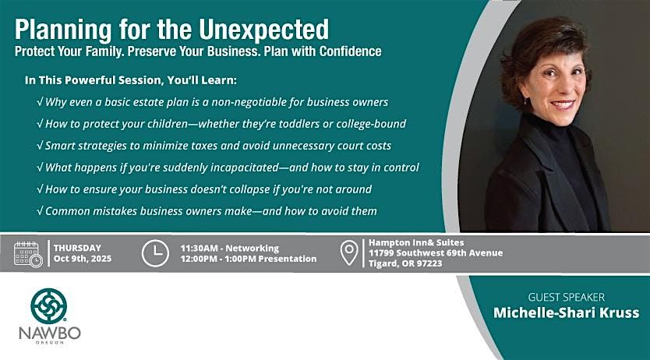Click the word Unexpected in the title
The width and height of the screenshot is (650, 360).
coord(263,30)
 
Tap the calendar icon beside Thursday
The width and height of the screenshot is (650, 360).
coord(28,253)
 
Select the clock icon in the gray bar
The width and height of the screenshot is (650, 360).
coord(155,253)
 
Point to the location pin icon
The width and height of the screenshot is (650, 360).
coord(349,253)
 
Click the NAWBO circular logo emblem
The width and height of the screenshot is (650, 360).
coord(49,305)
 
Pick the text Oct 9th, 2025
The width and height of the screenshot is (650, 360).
coord(83,259)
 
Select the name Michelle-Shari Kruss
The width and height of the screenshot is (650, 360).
coord(567,312)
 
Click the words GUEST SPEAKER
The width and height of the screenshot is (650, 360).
coord(567,297)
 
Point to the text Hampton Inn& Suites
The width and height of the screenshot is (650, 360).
coord(416,242)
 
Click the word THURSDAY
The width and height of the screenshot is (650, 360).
coord(77,248)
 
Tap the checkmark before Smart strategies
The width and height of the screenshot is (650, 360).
coord(41,146)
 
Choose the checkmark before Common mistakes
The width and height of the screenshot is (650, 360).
coord(41,211)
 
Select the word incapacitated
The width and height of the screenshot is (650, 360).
coord(245,168)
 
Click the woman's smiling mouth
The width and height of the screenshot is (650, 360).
coord(562,104)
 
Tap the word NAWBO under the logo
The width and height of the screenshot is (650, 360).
coord(50,333)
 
